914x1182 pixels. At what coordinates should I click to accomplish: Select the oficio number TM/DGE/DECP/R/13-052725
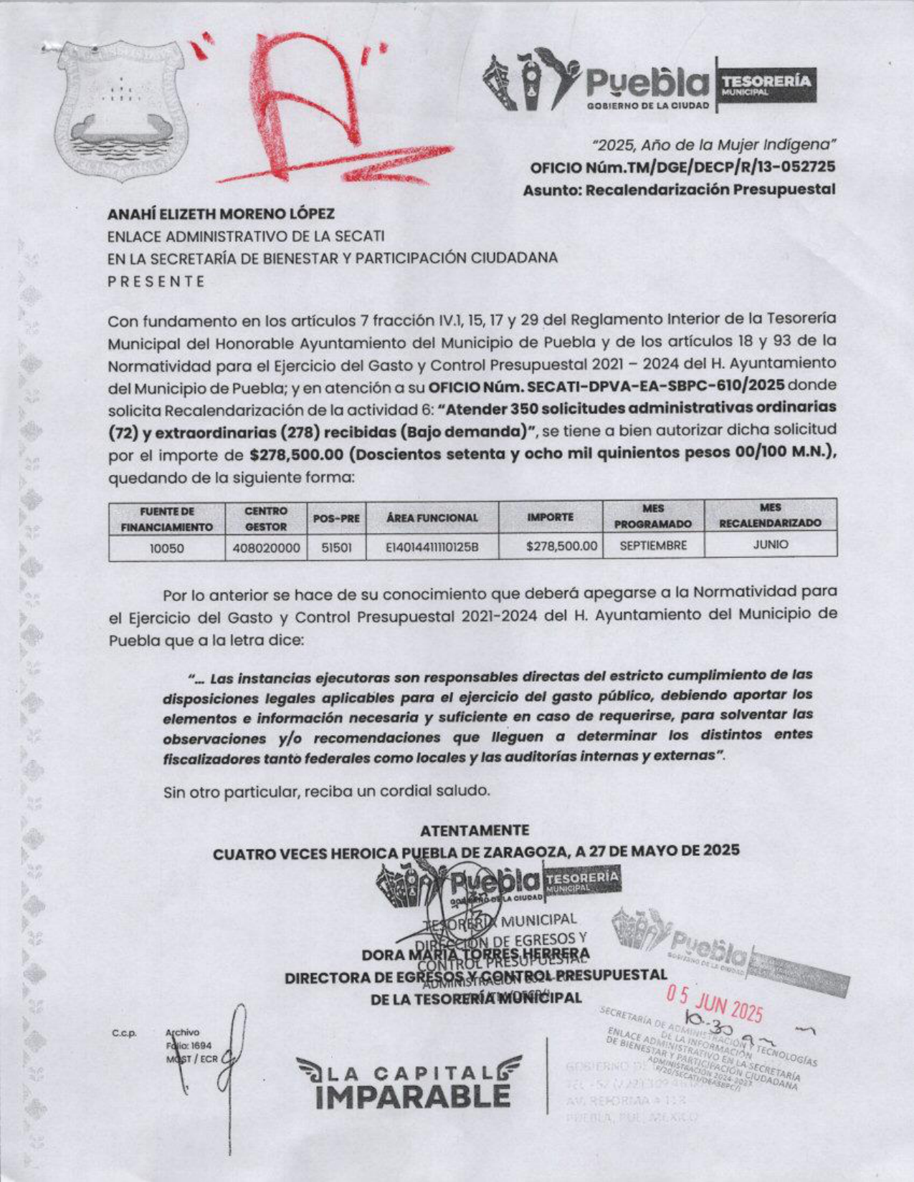(x=681, y=167)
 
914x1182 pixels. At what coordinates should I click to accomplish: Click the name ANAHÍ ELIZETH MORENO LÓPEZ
(x=221, y=213)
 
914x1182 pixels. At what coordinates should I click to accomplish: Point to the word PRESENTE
(x=156, y=282)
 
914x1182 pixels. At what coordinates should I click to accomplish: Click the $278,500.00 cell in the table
(x=561, y=546)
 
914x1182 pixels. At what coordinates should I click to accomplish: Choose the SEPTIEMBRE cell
(x=653, y=545)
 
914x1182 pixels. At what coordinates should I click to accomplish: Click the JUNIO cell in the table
(x=770, y=544)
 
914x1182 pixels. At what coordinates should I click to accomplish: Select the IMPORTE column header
(x=551, y=516)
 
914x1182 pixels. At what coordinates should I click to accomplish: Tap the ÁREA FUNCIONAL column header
(x=432, y=517)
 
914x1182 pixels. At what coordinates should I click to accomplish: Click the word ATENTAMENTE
(x=475, y=830)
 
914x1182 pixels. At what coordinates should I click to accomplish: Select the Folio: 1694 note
(x=189, y=1046)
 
